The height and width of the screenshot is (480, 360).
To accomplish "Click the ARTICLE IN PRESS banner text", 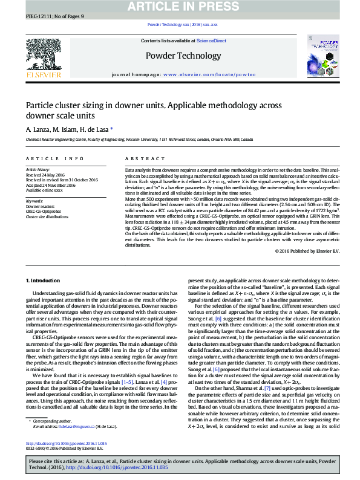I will click(x=180, y=7).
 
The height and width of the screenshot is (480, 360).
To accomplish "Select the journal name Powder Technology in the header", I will click(x=180, y=56).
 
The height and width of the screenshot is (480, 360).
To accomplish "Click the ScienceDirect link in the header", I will click(x=212, y=41).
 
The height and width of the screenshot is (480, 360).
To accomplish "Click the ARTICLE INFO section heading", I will click(x=54, y=158).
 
